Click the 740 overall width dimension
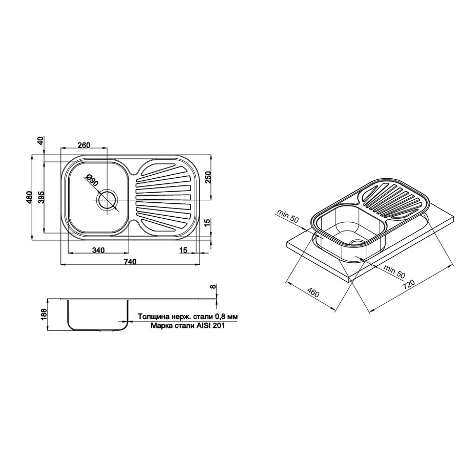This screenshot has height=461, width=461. tap(130, 261)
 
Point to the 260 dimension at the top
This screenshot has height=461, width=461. tap(83, 145)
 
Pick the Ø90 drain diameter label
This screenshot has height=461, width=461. tap(92, 180)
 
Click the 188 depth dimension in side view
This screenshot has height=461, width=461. tap(44, 314)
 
